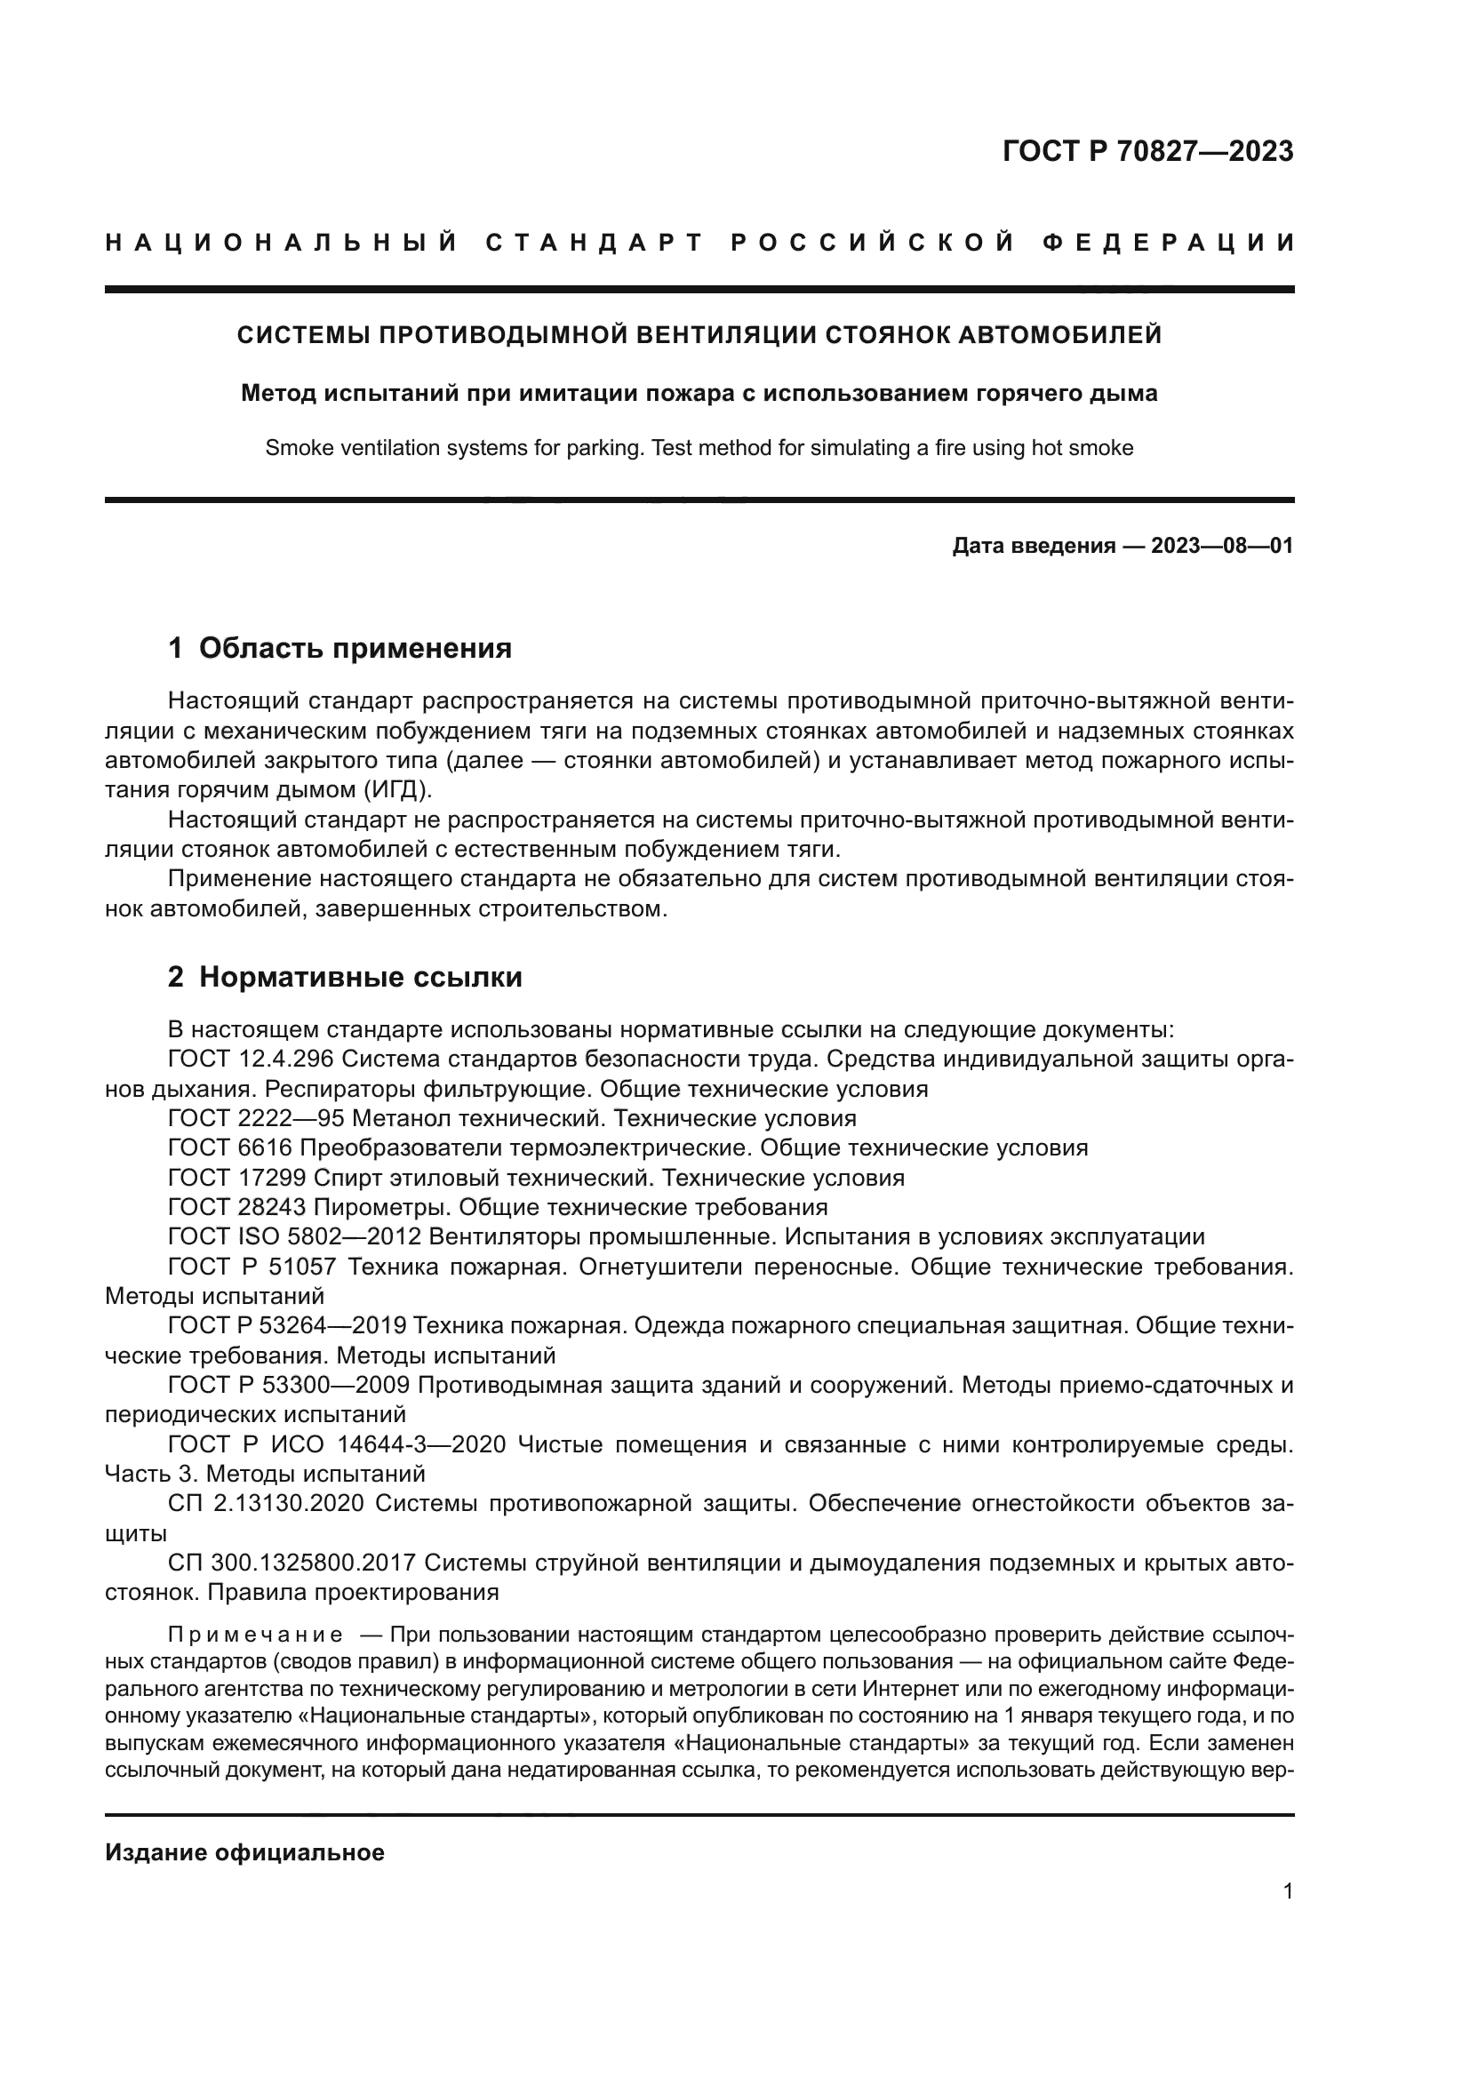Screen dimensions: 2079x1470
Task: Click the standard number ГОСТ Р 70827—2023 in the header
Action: pyautogui.click(x=1146, y=151)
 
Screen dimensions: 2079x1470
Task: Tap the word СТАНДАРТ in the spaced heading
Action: pyautogui.click(x=595, y=243)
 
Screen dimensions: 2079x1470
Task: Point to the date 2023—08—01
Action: pyautogui.click(x=1221, y=546)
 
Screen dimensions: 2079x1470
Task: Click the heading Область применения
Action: pyautogui.click(x=355, y=648)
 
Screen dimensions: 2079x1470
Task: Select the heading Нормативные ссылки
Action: pyautogui.click(x=360, y=977)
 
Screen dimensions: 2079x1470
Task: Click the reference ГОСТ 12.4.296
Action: pyautogui.click(x=251, y=1059)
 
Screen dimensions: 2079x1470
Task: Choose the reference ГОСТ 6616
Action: pyautogui.click(x=230, y=1148)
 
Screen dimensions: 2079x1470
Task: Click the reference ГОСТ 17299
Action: pyautogui.click(x=237, y=1178)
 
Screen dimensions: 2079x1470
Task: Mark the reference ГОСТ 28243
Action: pyautogui.click(x=237, y=1207)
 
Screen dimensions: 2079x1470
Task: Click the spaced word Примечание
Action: pyautogui.click(x=255, y=1635)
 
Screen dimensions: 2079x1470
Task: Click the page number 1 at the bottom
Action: pyautogui.click(x=1287, y=1916)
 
